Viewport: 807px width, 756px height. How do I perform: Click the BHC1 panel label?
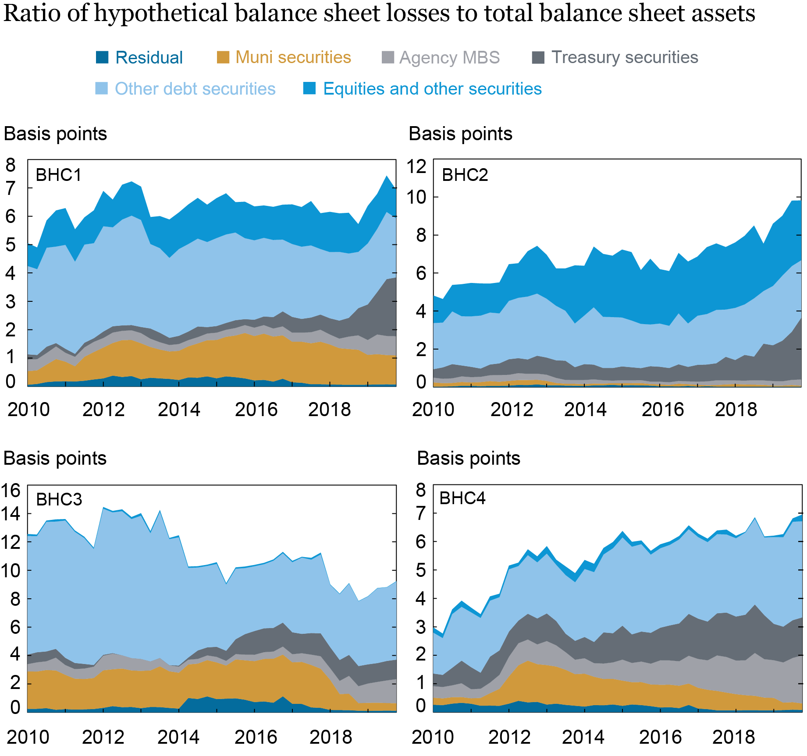(x=58, y=175)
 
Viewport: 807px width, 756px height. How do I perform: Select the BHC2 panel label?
(x=465, y=175)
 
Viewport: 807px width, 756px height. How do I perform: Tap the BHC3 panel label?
(x=59, y=500)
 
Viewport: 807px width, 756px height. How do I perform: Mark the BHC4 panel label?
(x=462, y=498)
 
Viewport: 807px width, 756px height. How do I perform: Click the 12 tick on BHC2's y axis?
(x=416, y=167)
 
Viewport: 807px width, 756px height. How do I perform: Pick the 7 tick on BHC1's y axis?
(x=11, y=189)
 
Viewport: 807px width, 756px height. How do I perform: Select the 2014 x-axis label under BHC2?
(x=585, y=410)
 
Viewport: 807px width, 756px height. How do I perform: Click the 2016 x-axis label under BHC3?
(x=256, y=738)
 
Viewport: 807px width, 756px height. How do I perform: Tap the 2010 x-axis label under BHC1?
(x=28, y=410)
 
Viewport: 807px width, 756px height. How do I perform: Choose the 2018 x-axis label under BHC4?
(x=733, y=738)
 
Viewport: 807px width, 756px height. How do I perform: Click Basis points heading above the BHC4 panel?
(x=468, y=459)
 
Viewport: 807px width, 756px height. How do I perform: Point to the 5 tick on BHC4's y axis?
(x=420, y=571)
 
